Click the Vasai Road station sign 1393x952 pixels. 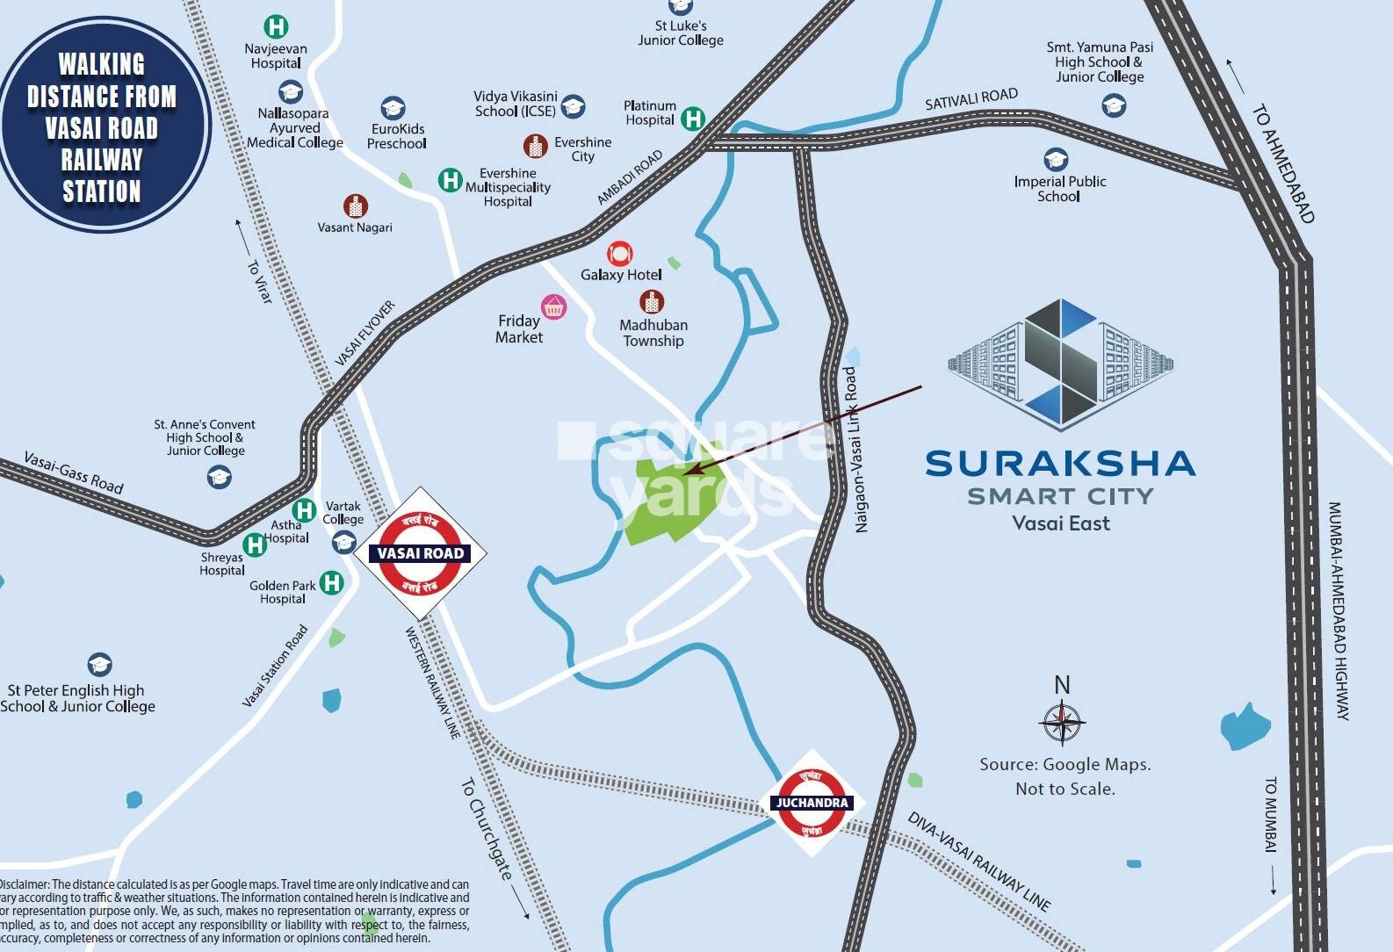pos(420,553)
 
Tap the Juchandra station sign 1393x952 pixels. pos(811,803)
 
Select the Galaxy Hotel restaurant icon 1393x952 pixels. pos(619,253)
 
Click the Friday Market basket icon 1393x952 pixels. pos(553,307)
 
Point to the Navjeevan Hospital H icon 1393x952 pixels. pos(277,27)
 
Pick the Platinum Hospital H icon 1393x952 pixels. pos(693,118)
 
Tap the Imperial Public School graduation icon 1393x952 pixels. pos(1056,160)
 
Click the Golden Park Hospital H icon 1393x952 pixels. pos(331,582)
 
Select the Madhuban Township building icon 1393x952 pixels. pos(652,302)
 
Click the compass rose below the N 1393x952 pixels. pos(1062,723)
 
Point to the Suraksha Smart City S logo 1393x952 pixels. pos(1061,363)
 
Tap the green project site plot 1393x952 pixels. pos(673,499)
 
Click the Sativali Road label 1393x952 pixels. pos(971,99)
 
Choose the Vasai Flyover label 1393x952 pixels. pos(365,333)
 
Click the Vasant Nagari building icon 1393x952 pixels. pos(355,206)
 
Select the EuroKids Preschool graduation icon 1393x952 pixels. pos(393,108)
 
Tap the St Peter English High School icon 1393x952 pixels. pos(99,664)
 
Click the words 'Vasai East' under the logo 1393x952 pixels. pos(1061,523)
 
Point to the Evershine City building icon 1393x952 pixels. pos(535,146)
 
